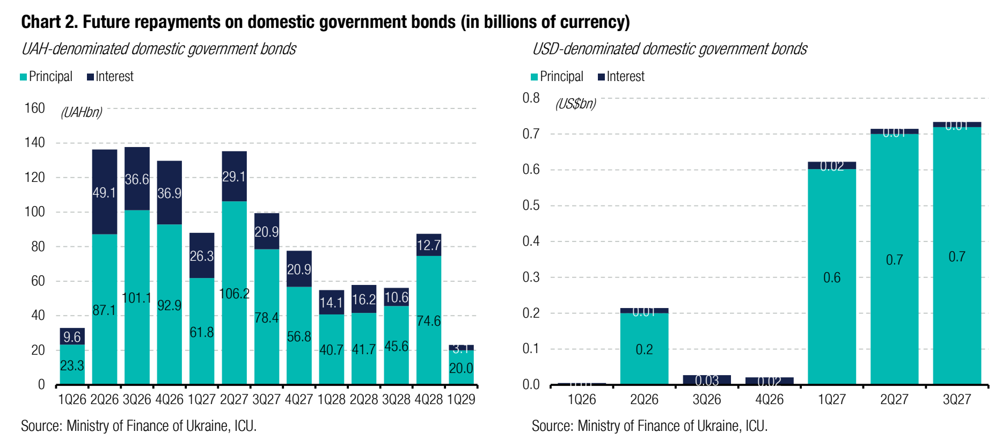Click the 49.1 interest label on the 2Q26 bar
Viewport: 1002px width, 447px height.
tap(104, 193)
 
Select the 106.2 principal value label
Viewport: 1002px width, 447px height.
tap(235, 294)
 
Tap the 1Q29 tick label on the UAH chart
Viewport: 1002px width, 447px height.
tap(461, 400)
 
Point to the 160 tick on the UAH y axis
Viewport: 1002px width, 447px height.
tap(35, 108)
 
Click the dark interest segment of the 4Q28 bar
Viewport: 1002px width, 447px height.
tap(429, 245)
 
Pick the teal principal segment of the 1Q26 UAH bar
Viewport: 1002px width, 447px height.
tap(72, 365)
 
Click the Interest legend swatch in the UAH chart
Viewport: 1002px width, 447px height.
tap(91, 77)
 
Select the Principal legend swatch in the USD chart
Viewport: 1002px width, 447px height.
tap(534, 77)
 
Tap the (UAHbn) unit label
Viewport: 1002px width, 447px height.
tap(82, 112)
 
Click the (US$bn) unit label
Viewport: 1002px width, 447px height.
tap(576, 104)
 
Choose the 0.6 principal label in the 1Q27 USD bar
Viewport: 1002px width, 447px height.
tap(832, 277)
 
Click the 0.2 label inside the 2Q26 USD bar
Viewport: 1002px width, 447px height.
tap(644, 349)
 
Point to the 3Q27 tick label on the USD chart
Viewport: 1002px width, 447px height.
tap(957, 400)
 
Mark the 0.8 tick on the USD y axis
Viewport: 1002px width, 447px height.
tap(531, 98)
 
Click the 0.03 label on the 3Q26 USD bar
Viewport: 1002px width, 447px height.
tap(707, 380)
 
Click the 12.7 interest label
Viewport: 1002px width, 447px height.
tap(429, 245)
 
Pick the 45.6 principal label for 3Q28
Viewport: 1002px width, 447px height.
tap(397, 347)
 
